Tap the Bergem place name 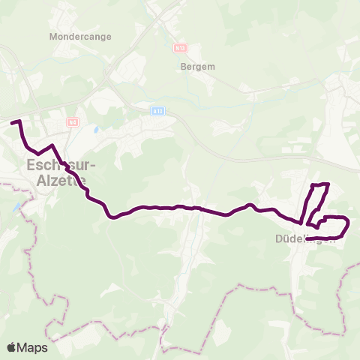coord(198,66)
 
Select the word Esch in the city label coord(43,165)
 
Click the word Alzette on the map coord(55,180)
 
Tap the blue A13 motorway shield coord(157,111)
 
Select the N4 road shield coord(72,121)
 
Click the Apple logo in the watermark coord(12,347)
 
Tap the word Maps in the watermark coord(32,347)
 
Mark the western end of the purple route coord(12,121)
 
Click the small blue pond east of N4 coord(95,129)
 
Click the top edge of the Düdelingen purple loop coord(320,184)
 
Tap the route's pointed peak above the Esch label coord(52,145)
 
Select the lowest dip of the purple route coord(112,217)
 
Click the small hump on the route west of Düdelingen coord(251,205)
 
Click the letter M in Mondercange coord(52,35)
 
